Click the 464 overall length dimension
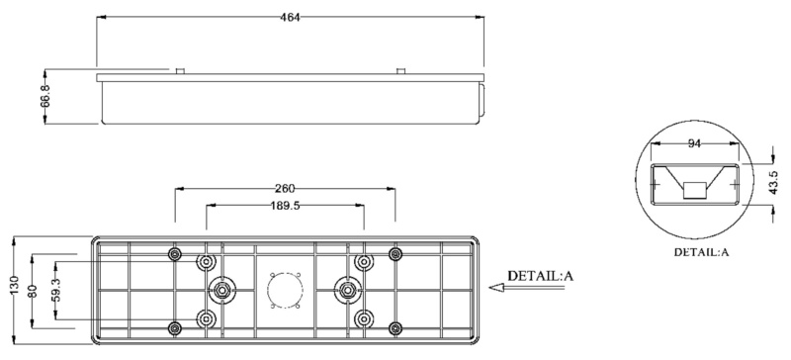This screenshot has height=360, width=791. click(x=290, y=17)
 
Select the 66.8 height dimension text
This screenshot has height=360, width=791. click(x=45, y=96)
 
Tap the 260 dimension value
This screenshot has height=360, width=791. click(x=285, y=189)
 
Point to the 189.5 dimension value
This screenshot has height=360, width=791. click(x=285, y=206)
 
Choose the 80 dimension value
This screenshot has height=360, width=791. click(x=35, y=292)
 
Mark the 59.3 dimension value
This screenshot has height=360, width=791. click(x=56, y=291)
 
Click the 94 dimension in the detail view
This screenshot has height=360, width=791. click(x=695, y=143)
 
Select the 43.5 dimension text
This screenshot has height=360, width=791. click(x=774, y=182)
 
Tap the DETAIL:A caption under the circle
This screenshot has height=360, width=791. click(x=702, y=252)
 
